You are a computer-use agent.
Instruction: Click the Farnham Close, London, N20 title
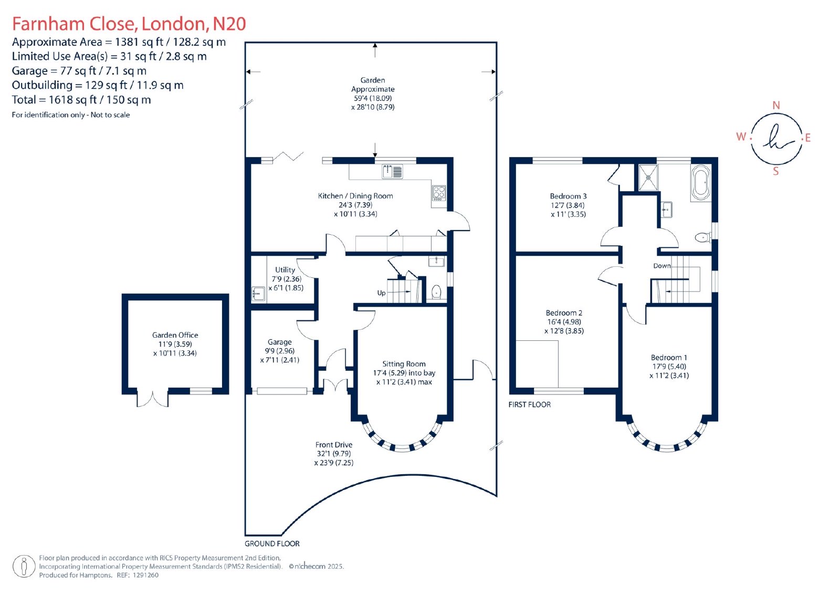129,24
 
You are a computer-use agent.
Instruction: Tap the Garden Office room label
175,335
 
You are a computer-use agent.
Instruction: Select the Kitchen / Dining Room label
355,196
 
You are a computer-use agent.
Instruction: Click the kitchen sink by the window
392,172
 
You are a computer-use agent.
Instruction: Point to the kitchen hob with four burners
439,193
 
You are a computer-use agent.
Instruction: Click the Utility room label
285,270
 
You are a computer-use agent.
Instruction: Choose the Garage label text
280,342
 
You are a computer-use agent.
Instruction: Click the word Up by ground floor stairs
381,293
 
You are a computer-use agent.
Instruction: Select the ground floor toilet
436,292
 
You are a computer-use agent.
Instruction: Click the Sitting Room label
404,363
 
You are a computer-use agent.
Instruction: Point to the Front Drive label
334,445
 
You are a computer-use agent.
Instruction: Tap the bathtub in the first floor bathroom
701,183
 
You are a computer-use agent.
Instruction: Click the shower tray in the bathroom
648,177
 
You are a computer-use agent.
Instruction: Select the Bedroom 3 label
568,196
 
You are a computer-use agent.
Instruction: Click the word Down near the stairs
662,266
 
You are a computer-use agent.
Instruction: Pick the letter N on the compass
776,106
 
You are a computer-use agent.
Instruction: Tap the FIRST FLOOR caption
530,404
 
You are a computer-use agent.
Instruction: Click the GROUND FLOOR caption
272,544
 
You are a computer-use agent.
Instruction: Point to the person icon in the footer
24,566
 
